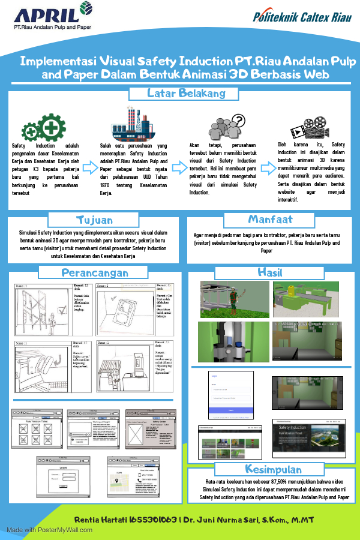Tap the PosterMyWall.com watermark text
point(49,530)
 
